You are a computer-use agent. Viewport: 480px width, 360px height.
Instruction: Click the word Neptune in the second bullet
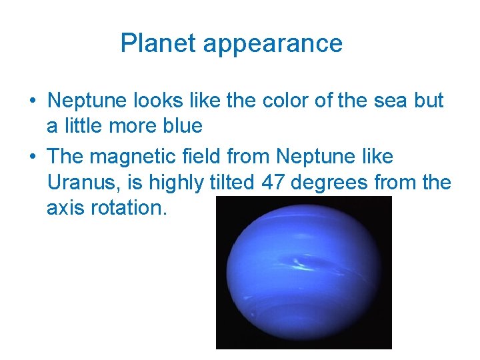316,157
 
